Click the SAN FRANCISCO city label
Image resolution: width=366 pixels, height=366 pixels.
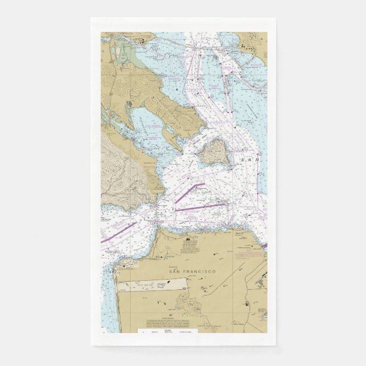[x=192, y=272]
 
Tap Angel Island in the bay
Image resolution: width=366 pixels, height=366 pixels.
[x=215, y=151]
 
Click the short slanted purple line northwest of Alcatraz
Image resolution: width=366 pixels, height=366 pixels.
[x=191, y=193]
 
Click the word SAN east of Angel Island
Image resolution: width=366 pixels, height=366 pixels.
[x=249, y=161]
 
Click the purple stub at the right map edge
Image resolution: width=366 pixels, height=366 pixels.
[x=265, y=246]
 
